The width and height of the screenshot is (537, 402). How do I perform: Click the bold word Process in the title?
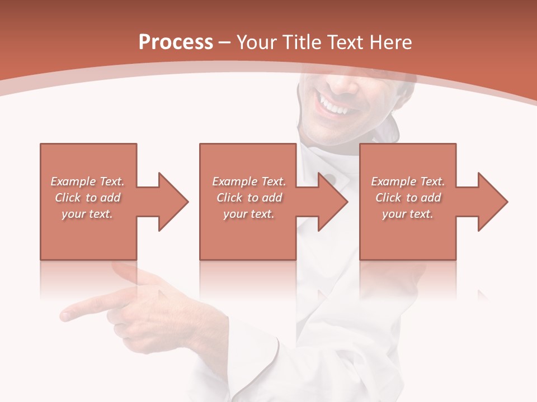(x=176, y=42)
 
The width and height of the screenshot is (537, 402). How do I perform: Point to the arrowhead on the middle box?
(x=332, y=202)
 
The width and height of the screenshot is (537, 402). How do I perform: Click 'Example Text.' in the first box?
(x=88, y=181)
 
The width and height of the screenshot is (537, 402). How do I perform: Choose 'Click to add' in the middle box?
(x=249, y=198)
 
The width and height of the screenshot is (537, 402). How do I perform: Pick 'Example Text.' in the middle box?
(x=249, y=181)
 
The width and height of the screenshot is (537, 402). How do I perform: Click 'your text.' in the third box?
(x=408, y=214)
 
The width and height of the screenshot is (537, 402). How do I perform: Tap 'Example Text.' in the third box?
(x=408, y=181)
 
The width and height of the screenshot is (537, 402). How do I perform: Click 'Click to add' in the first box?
(x=88, y=198)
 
